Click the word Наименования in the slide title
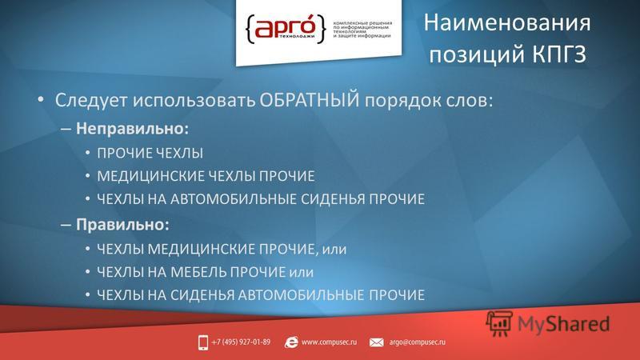coord(507,23)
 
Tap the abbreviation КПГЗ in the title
coord(559,54)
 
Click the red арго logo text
coord(285,28)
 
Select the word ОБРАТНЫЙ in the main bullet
coord(310,100)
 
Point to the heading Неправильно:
coord(132,129)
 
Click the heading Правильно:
coord(122,225)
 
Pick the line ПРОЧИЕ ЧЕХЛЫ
coord(150,154)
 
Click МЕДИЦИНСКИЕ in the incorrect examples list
coord(150,176)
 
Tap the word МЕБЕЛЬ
coord(198,272)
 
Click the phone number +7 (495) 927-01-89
coord(241,342)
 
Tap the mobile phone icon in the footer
coord(203,342)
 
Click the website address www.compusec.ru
coord(329,342)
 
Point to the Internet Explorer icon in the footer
coord(291,342)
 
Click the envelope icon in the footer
coord(376,342)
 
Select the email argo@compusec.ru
coord(417,342)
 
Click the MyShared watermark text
coord(564,324)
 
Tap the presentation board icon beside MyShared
coord(498,323)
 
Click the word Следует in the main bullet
coord(91,101)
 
